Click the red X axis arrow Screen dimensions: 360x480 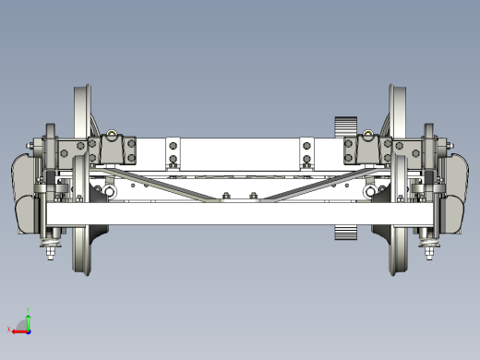pos(18,330)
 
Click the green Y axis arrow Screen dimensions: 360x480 pos(28,320)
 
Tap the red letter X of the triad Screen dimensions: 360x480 pos(9,330)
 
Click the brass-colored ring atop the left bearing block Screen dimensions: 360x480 pos(112,136)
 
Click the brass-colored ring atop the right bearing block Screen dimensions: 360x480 pos(369,136)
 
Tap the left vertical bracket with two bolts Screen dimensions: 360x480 pos(172,153)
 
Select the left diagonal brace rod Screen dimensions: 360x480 pos(166,182)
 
